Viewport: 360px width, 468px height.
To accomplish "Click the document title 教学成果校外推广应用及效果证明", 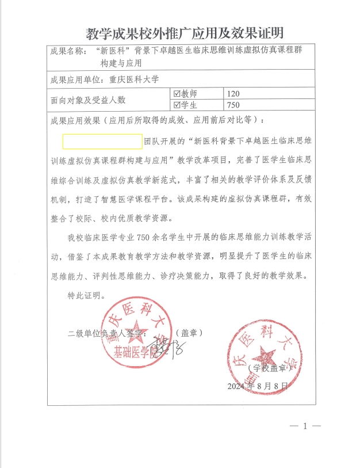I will (184, 33).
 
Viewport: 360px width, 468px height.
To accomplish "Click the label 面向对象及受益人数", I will (88, 100).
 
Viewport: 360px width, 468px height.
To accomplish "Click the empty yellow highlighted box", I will (102, 141).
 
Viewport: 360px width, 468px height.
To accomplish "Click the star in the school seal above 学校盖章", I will (266, 353).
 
